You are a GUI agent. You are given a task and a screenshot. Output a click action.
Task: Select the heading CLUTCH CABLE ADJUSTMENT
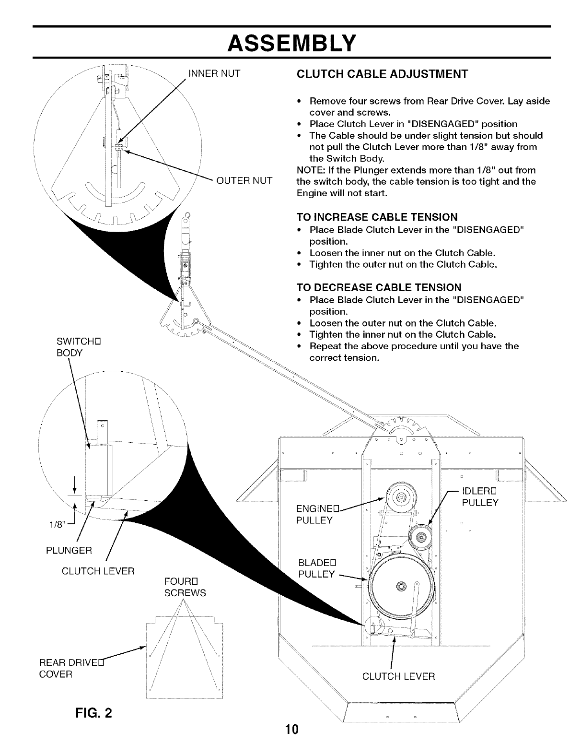click(x=382, y=74)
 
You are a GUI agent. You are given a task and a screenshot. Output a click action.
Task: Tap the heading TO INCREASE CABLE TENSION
click(x=377, y=217)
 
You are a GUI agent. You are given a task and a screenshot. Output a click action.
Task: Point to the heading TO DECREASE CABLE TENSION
click(x=379, y=287)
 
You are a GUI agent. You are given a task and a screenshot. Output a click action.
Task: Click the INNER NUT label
click(x=214, y=73)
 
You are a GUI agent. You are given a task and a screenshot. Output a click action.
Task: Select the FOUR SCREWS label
click(x=185, y=587)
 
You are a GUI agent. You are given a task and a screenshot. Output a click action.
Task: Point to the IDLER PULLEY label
click(x=480, y=497)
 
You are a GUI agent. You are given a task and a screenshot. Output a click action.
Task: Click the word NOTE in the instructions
click(x=309, y=170)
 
